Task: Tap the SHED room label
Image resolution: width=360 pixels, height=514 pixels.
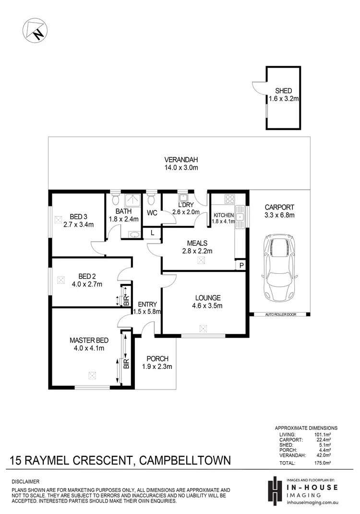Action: (x=283, y=91)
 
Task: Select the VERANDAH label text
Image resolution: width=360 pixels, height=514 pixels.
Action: (x=181, y=160)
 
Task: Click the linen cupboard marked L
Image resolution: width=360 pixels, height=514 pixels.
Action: (x=153, y=233)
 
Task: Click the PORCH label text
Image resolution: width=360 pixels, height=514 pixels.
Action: (x=157, y=358)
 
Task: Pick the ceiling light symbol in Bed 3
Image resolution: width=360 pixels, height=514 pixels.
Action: (x=59, y=220)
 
